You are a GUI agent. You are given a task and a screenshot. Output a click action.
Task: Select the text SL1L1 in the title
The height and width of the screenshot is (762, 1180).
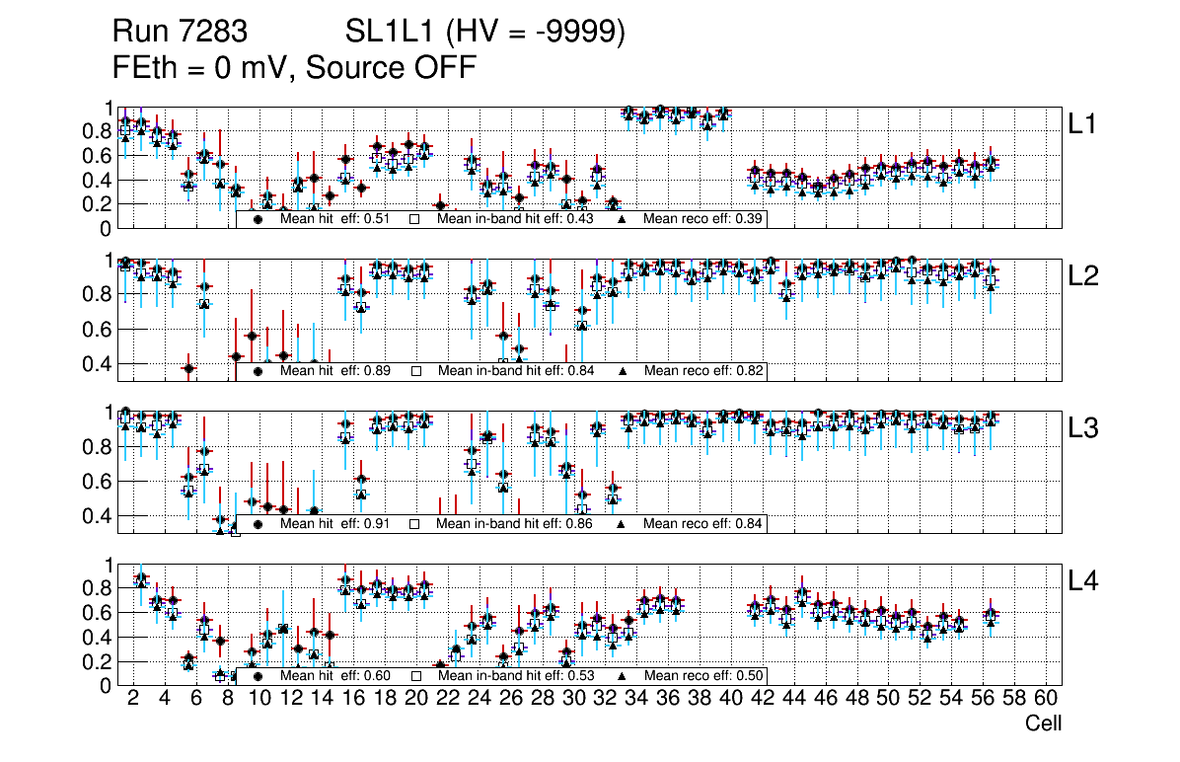[391, 34]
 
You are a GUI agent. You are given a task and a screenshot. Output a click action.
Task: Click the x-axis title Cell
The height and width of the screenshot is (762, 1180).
[1043, 724]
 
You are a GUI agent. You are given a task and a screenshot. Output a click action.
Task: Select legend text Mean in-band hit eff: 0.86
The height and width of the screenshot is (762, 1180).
[514, 523]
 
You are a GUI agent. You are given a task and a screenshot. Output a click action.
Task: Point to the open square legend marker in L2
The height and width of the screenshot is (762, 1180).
[416, 371]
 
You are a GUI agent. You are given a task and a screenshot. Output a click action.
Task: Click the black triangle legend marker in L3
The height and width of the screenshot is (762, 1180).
[623, 523]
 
